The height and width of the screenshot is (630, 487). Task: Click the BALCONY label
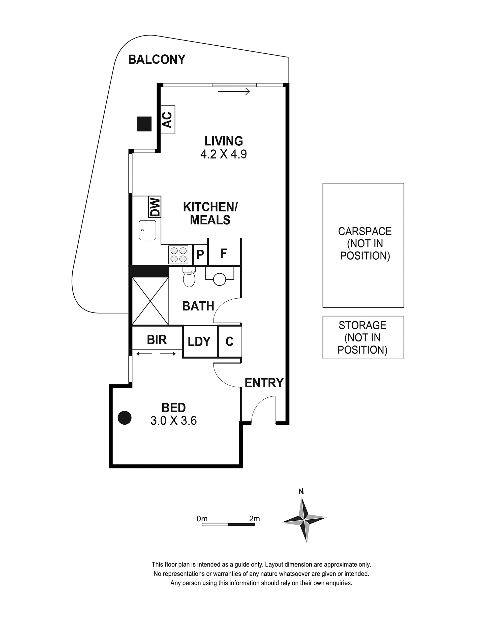[x=157, y=59]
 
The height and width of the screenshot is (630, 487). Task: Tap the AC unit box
[x=167, y=119]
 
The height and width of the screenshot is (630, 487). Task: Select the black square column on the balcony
[x=144, y=124]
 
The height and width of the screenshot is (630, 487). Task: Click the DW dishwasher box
[x=155, y=207]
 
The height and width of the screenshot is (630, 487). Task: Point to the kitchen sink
[x=147, y=230]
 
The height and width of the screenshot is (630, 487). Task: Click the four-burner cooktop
[x=178, y=255]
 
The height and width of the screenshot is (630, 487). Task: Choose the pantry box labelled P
[x=200, y=255]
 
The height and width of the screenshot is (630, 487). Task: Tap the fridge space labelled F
[x=224, y=253]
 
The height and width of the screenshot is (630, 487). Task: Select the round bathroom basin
[x=220, y=279]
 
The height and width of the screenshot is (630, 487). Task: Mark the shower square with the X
[x=150, y=301]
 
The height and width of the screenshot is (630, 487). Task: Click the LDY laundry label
[x=199, y=341]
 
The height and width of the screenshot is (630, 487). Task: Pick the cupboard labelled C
[x=230, y=341]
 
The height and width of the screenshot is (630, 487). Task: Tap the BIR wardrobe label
[x=157, y=340]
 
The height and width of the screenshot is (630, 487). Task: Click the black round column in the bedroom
[x=125, y=417]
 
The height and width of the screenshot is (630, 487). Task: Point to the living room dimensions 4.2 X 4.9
[x=224, y=154]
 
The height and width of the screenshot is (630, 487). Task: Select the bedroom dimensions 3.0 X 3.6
[x=174, y=421]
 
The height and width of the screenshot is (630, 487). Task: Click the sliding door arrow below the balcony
[x=234, y=92]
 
